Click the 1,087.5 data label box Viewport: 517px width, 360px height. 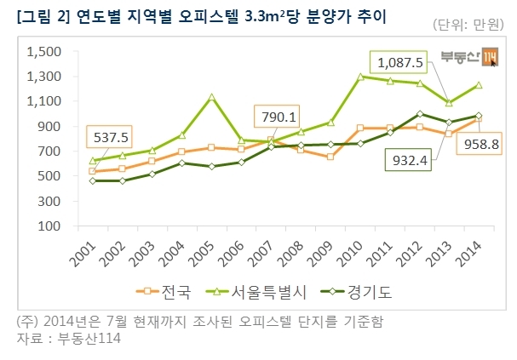click(x=399, y=62)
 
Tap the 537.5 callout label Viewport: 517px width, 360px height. click(x=110, y=137)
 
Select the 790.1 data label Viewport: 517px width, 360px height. click(x=277, y=117)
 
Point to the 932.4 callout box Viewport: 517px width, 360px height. click(x=408, y=160)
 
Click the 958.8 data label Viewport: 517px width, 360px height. click(x=480, y=144)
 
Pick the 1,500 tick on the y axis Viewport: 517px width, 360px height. click(x=43, y=52)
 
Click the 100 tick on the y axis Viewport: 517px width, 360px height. click(x=49, y=226)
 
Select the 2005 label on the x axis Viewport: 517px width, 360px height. click(x=200, y=254)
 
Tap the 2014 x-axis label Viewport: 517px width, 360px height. click(x=468, y=254)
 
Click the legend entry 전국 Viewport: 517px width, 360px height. click(x=164, y=292)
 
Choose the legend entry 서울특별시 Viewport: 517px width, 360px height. click(x=256, y=292)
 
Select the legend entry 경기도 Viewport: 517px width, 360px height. click(x=356, y=292)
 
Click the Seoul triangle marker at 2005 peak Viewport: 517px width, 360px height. click(x=212, y=97)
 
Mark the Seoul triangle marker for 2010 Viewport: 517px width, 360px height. click(x=360, y=77)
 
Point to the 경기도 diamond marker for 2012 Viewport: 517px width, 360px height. click(x=420, y=114)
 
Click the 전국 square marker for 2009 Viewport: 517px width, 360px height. click(x=330, y=157)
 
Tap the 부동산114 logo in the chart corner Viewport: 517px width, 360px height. click(x=469, y=57)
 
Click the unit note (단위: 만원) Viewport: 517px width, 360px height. click(x=468, y=25)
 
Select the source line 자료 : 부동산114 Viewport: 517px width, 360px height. click(x=69, y=338)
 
